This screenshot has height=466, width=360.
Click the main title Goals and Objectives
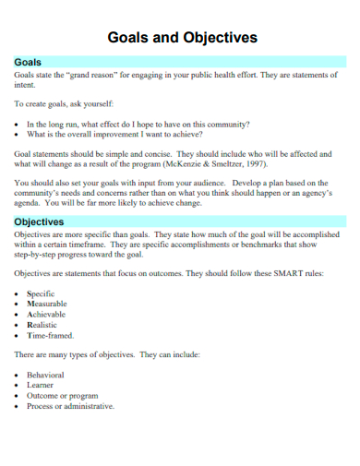click(183, 38)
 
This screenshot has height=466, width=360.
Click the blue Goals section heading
click(29, 62)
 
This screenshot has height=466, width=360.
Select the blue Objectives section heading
click(39, 222)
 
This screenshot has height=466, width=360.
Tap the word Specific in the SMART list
click(42, 293)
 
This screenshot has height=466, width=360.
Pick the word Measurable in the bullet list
click(47, 304)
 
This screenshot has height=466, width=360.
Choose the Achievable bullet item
click(47, 315)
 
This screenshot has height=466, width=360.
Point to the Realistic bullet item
click(42, 325)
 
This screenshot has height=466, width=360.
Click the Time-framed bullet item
click(50, 336)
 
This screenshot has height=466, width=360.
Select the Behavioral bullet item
click(46, 375)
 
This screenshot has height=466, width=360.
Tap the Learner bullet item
click(42, 385)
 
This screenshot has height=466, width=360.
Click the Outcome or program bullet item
click(63, 395)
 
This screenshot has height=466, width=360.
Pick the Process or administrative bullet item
click(70, 406)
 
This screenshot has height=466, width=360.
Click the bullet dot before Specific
click(18, 293)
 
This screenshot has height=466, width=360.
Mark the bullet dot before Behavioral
click(18, 375)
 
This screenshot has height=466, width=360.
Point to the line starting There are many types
click(106, 355)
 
